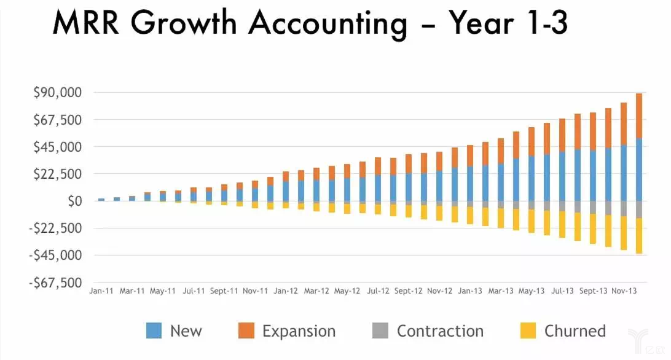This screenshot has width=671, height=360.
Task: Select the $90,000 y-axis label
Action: click(x=57, y=93)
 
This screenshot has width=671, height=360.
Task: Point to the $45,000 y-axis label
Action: click(x=57, y=147)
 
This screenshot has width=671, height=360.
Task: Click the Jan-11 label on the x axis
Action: click(x=101, y=291)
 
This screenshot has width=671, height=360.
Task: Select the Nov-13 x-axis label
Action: click(x=624, y=291)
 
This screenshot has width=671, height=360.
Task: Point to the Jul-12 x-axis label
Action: click(x=378, y=291)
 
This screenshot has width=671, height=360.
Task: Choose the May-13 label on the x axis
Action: click(x=532, y=291)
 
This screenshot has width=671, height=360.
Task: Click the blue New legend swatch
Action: click(x=154, y=331)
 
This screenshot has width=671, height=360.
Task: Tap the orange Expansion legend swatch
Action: click(x=246, y=331)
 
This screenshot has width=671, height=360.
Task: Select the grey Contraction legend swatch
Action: click(x=380, y=331)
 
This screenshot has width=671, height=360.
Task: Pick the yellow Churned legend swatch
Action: click(x=528, y=331)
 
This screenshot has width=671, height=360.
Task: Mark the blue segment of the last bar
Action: click(x=639, y=170)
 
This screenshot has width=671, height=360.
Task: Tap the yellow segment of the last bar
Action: click(x=639, y=236)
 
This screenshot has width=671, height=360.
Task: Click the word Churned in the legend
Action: click(x=575, y=331)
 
